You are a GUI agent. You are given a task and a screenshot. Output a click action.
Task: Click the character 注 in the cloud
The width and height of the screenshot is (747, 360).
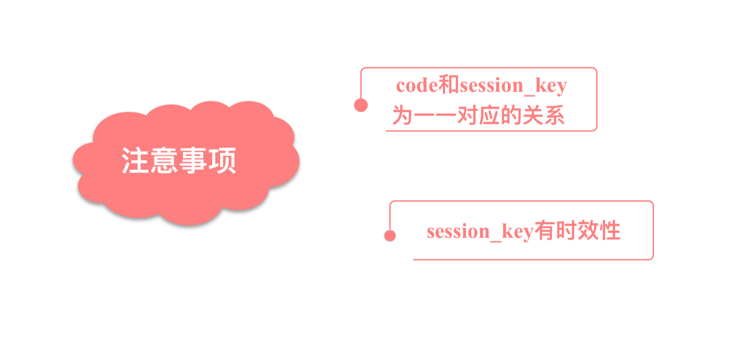135,161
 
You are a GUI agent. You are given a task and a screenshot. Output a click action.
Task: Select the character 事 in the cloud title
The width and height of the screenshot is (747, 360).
193,161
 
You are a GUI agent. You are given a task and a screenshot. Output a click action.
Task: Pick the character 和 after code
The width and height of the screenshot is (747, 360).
449,85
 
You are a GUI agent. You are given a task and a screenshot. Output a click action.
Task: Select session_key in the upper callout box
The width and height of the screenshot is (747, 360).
514,87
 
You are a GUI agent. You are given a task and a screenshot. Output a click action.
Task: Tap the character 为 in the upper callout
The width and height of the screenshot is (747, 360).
403,116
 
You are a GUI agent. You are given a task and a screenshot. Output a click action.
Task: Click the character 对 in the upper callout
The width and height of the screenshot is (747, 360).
468,116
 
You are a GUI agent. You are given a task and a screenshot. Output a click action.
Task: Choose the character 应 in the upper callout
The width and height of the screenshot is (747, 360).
490,116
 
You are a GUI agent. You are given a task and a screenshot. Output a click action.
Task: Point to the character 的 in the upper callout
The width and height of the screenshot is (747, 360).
511,116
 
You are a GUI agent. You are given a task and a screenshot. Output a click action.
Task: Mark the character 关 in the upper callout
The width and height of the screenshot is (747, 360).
533,116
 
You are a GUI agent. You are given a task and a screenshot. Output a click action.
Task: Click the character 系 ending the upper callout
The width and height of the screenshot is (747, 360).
554,116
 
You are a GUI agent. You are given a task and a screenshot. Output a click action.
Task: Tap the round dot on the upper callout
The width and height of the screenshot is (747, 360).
361,105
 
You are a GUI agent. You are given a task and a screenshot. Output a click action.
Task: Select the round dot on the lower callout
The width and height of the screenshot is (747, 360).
390,236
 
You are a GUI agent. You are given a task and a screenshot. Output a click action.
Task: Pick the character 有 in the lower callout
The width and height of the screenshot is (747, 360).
545,230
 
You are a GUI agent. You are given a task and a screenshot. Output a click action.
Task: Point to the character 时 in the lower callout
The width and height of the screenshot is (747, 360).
567,230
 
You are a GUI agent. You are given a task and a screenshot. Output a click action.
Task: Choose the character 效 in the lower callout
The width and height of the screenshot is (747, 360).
588,230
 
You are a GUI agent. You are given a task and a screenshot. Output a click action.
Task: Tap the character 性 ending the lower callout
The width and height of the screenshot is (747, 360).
610,230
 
